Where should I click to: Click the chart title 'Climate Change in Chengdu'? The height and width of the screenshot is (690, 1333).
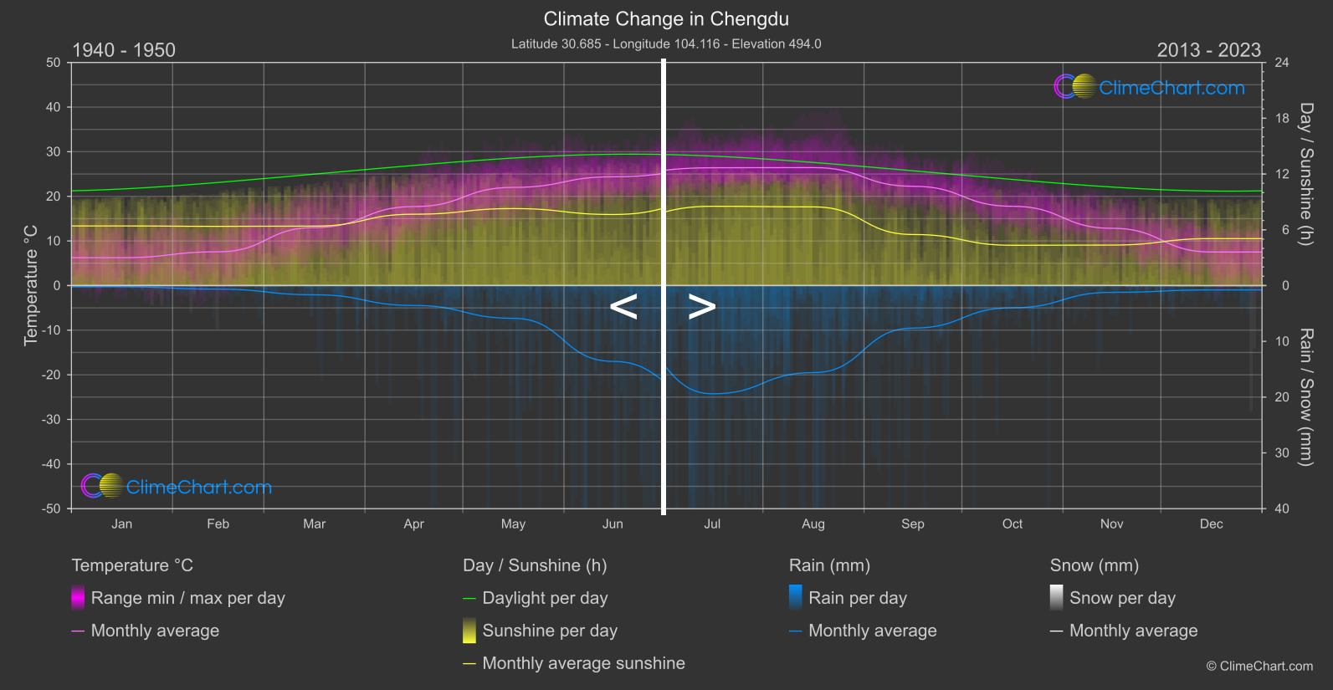(666, 18)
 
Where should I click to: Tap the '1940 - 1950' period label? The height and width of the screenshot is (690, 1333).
(124, 50)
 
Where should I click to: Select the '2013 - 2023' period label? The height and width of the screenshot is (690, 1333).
(1208, 50)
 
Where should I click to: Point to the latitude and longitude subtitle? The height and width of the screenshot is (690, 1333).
(666, 43)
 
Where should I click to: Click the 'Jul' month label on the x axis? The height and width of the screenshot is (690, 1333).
(712, 524)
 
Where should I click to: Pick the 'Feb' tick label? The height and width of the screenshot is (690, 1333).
(218, 524)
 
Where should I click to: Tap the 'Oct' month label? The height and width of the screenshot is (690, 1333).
(1013, 524)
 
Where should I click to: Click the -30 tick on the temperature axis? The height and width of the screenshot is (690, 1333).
(52, 419)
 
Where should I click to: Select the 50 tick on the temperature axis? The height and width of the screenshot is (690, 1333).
(54, 63)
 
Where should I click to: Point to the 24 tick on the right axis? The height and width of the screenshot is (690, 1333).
(1281, 63)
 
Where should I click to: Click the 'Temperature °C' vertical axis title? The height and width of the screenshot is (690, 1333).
(31, 284)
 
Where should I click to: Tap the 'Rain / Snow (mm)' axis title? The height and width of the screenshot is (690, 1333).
(1305, 396)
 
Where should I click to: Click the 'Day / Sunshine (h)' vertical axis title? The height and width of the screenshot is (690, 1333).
(1305, 174)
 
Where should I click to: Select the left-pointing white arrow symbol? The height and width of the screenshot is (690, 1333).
(623, 307)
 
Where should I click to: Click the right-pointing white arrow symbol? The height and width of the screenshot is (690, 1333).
(701, 307)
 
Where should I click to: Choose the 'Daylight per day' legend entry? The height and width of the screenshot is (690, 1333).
(545, 598)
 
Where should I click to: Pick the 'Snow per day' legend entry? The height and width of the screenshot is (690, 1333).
(1122, 598)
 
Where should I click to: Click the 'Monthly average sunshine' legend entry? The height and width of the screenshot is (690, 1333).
(583, 663)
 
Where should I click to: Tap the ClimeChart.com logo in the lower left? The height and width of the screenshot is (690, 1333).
(177, 486)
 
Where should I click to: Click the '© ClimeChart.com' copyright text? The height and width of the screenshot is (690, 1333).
(1259, 666)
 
